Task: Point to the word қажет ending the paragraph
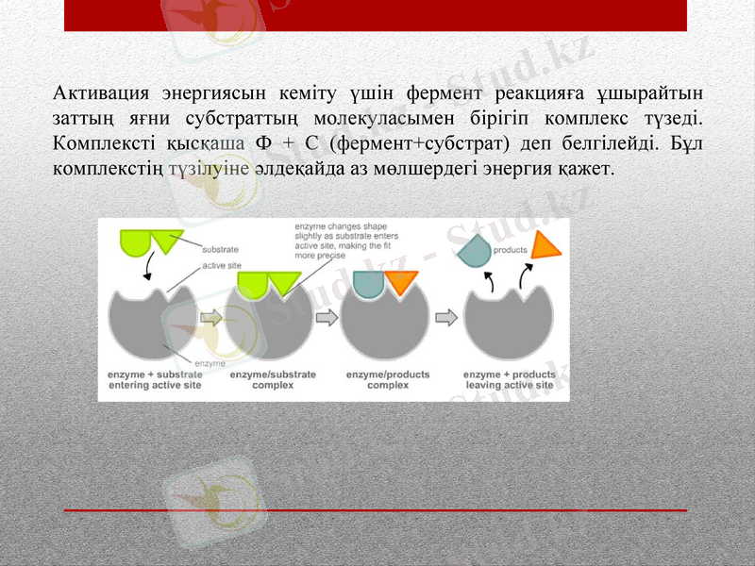pyautogui.click(x=588, y=169)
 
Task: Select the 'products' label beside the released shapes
pyautogui.click(x=510, y=250)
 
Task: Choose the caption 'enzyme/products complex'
pyautogui.click(x=387, y=379)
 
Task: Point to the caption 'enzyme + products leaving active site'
pyautogui.click(x=509, y=379)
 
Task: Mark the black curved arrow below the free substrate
pyautogui.click(x=147, y=270)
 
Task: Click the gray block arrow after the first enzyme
pyautogui.click(x=212, y=318)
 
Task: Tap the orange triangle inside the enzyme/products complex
pyautogui.click(x=400, y=281)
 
